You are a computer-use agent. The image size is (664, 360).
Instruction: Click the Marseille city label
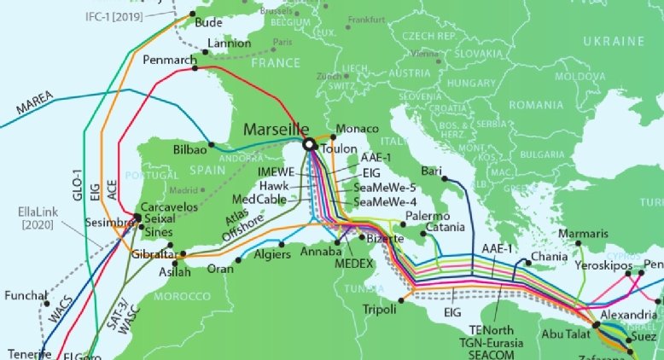pos(276,129)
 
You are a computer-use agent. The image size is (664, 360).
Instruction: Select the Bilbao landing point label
pos(189,148)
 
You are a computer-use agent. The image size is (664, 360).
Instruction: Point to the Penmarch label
pos(170,61)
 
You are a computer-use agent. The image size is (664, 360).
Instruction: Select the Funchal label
pos(26,296)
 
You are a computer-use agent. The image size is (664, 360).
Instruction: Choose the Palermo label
pos(427,216)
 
